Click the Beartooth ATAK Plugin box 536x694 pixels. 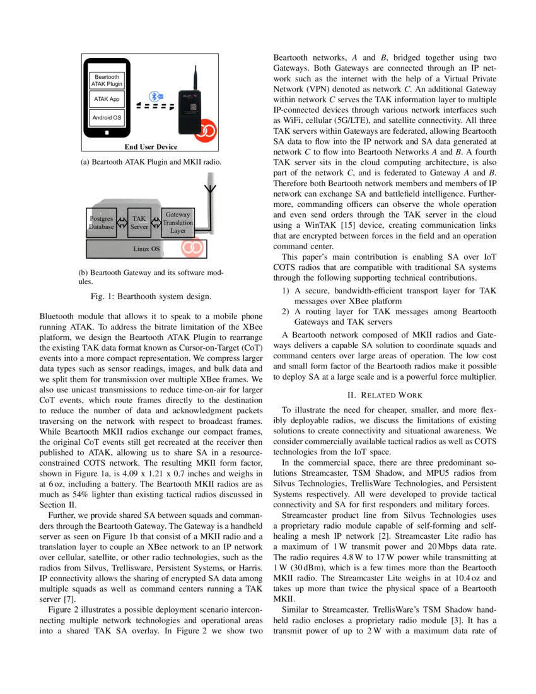click(107, 80)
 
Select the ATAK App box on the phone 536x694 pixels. click(107, 99)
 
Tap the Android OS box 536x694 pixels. click(107, 118)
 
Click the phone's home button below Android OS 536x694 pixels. click(107, 133)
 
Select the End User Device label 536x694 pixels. click(151, 147)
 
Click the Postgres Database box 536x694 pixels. click(101, 223)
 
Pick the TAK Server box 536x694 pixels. click(139, 223)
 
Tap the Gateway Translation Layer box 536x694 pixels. click(178, 223)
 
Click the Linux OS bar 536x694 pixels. click(146, 249)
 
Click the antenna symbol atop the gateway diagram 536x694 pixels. click(210, 189)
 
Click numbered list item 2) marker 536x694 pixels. click(285, 312)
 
